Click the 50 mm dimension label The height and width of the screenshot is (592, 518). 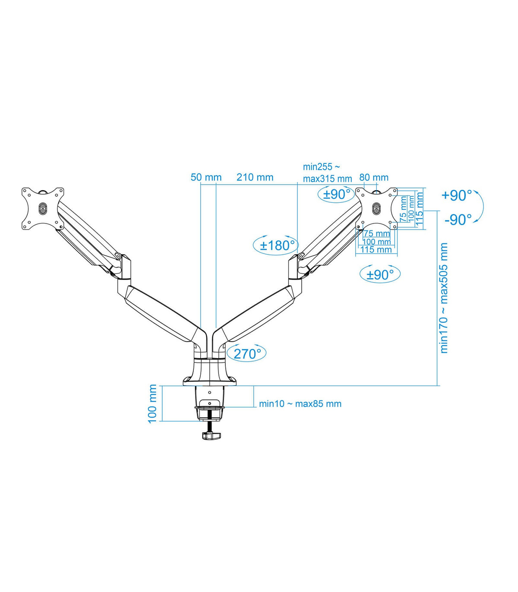click(x=206, y=177)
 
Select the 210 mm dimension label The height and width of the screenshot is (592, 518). click(x=255, y=177)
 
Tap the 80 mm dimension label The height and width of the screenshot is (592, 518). click(x=374, y=177)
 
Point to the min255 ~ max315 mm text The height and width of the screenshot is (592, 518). click(x=327, y=173)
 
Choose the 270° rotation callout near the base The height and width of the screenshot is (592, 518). click(x=247, y=353)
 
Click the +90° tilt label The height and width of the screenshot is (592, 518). click(x=456, y=195)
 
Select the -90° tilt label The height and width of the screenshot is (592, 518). click(x=458, y=220)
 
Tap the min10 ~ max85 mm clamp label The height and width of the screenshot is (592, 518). click(x=300, y=404)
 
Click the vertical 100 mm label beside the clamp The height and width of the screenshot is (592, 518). click(x=152, y=404)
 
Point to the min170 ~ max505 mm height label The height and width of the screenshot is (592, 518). click(x=444, y=298)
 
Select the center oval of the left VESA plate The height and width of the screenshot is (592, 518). click(x=43, y=208)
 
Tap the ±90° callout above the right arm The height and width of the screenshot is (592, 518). click(x=336, y=195)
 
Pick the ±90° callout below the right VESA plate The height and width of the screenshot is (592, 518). click(x=380, y=274)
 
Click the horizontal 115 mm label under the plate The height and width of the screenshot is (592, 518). click(x=376, y=249)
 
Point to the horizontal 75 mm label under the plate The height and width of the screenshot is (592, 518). click(x=377, y=233)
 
